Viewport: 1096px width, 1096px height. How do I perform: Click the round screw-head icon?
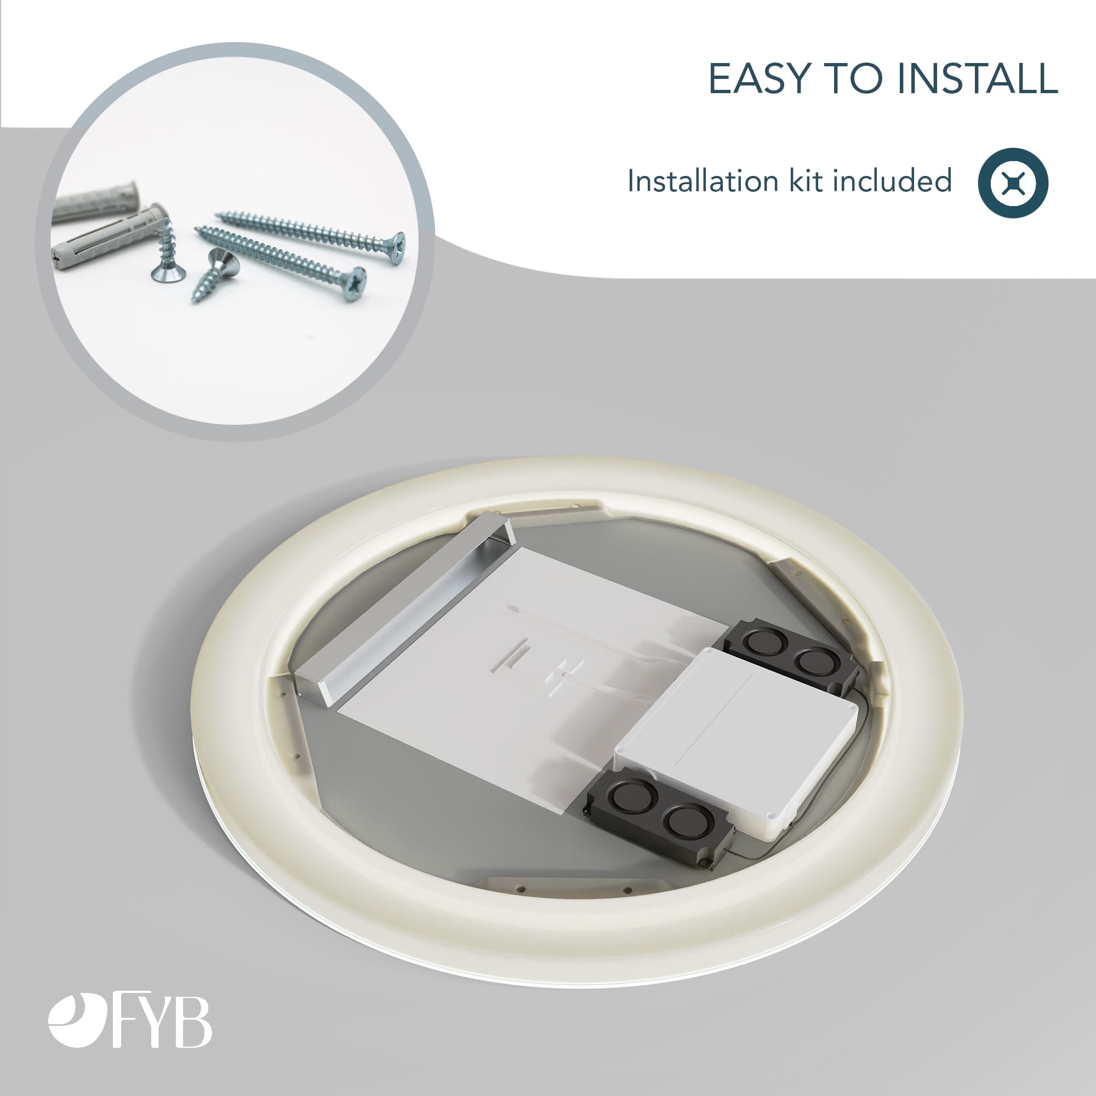click(x=1013, y=182)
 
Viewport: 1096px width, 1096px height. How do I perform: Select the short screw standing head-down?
click(x=167, y=252)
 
